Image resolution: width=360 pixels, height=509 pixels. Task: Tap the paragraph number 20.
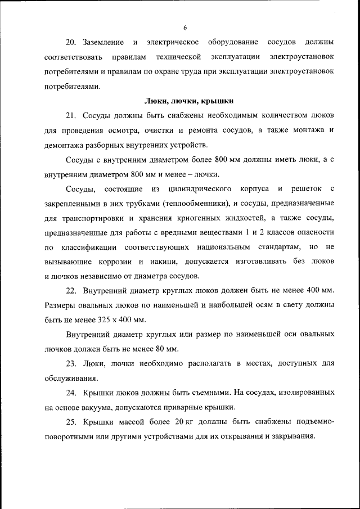coord(70,43)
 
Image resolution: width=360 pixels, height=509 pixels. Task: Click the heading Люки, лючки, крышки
coord(189,101)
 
